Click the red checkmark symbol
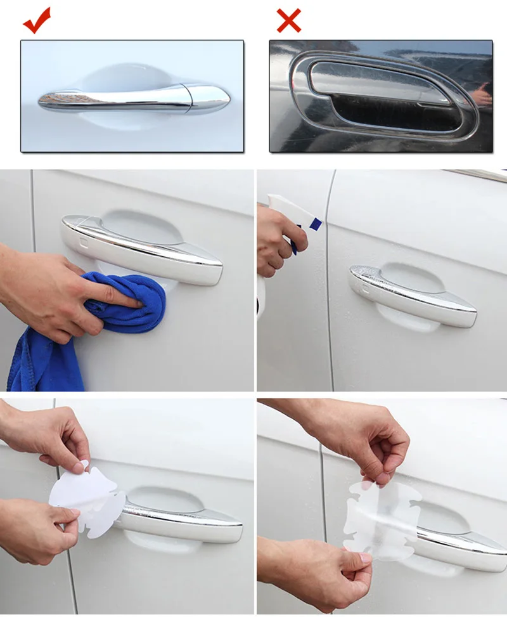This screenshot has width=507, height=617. coord(37,20)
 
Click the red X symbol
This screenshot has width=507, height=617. coord(288,20)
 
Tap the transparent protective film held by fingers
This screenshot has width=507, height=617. coord(374,520)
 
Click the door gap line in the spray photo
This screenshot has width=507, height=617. coord(328,285)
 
